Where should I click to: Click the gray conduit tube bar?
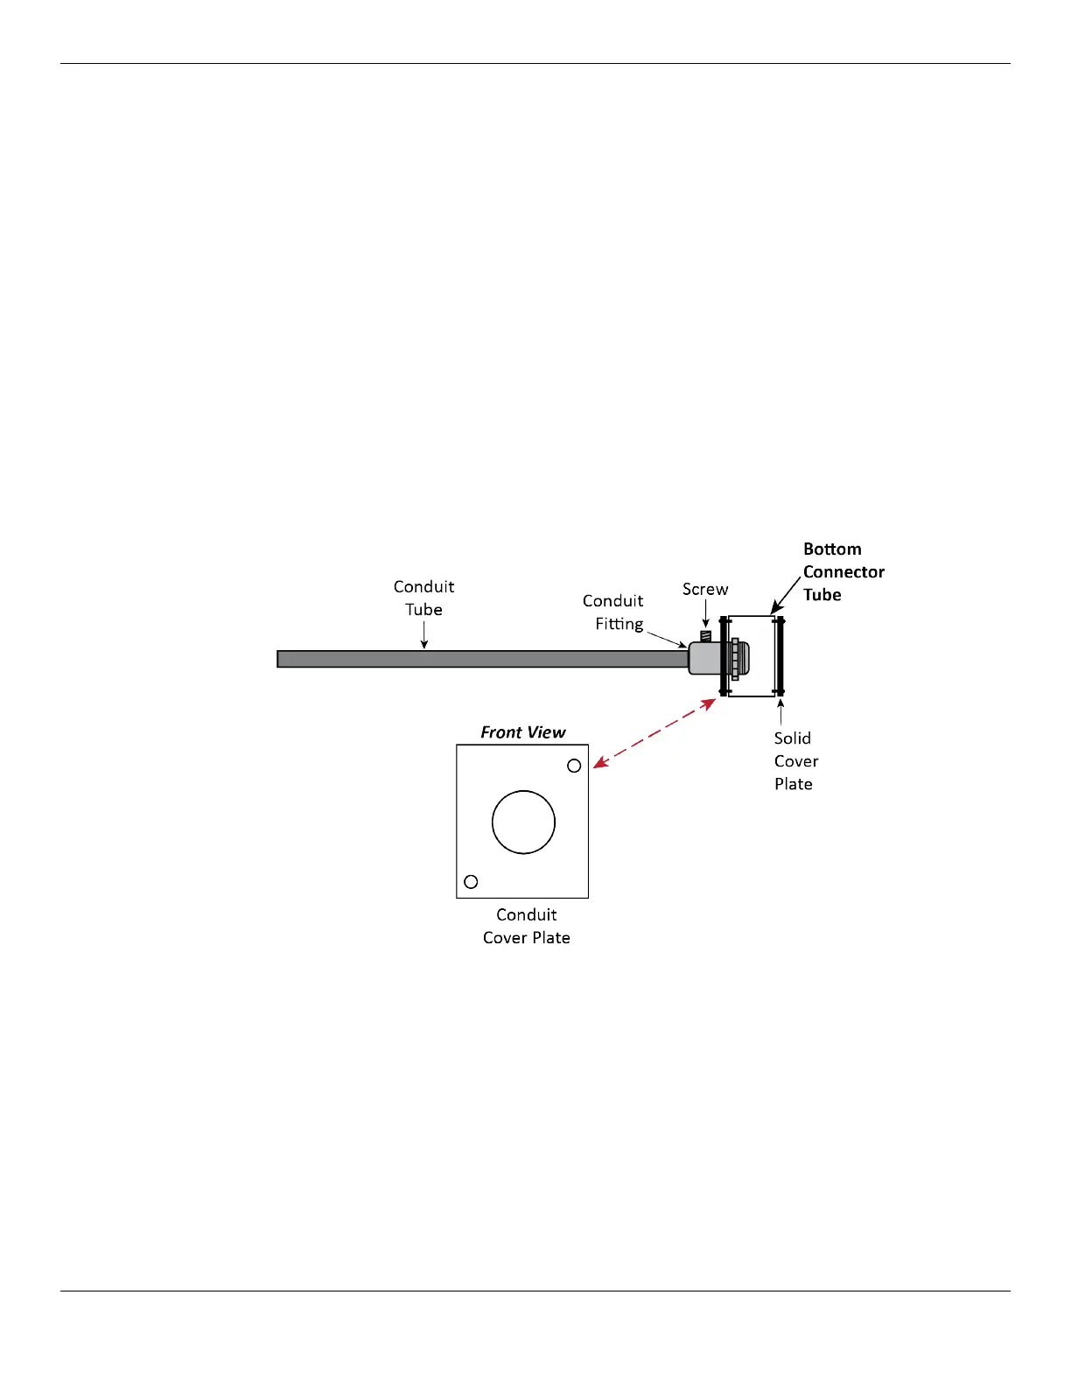[481, 659]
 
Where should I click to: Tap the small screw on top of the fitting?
[705, 636]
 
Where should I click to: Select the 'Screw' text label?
[705, 590]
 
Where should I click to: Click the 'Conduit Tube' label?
[423, 598]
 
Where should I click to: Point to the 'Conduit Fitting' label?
[613, 612]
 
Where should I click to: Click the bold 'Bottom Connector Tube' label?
[843, 571]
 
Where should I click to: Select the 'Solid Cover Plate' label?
[795, 761]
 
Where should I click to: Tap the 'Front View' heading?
[523, 732]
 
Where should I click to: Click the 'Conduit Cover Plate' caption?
[527, 926]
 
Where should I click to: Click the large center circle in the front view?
[523, 822]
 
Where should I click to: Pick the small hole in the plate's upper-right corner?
[574, 766]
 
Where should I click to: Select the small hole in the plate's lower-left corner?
[471, 881]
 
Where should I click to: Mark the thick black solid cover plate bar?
[780, 656]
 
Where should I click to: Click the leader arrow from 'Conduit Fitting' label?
[667, 638]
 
